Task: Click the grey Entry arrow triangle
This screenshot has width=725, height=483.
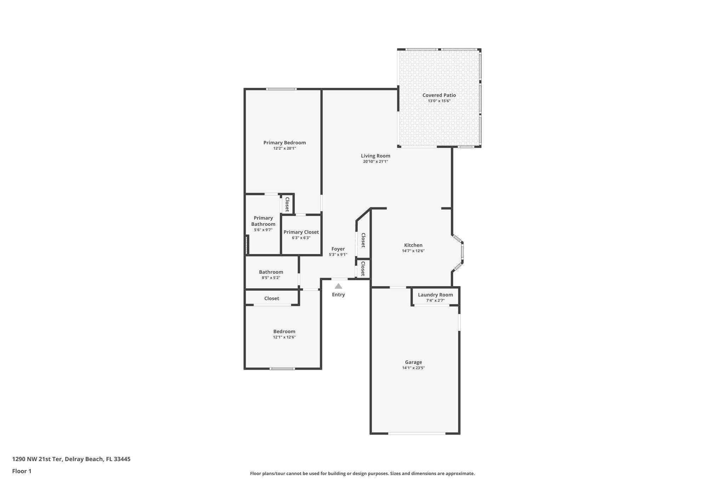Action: coord(338,286)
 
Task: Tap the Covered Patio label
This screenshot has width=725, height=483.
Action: coord(439,95)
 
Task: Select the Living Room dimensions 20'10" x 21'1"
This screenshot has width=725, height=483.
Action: coord(375,162)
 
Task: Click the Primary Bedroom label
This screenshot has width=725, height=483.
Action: coord(284,143)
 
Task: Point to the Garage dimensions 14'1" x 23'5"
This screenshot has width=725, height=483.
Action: coord(413,368)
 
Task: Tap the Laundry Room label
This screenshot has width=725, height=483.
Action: coord(435,295)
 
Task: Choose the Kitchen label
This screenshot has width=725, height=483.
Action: coord(413,245)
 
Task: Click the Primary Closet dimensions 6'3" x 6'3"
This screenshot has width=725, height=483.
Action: coord(301,238)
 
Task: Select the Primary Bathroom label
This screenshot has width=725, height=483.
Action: coord(263,221)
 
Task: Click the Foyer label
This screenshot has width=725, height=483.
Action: coord(338,249)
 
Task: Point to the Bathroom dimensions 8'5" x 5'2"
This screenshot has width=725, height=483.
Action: coord(271,278)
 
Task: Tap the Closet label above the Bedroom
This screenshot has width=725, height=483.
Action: coord(272,298)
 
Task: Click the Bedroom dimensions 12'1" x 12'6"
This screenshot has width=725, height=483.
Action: coord(284,337)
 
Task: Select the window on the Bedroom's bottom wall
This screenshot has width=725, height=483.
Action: coord(282,369)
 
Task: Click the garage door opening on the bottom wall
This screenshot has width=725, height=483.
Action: coord(417,433)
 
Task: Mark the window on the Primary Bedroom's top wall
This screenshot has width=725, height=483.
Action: coord(281,89)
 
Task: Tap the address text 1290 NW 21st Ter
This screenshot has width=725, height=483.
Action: coord(38,459)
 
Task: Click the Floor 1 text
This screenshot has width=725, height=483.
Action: coord(22,471)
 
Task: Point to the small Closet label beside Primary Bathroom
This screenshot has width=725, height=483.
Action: coord(287,204)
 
